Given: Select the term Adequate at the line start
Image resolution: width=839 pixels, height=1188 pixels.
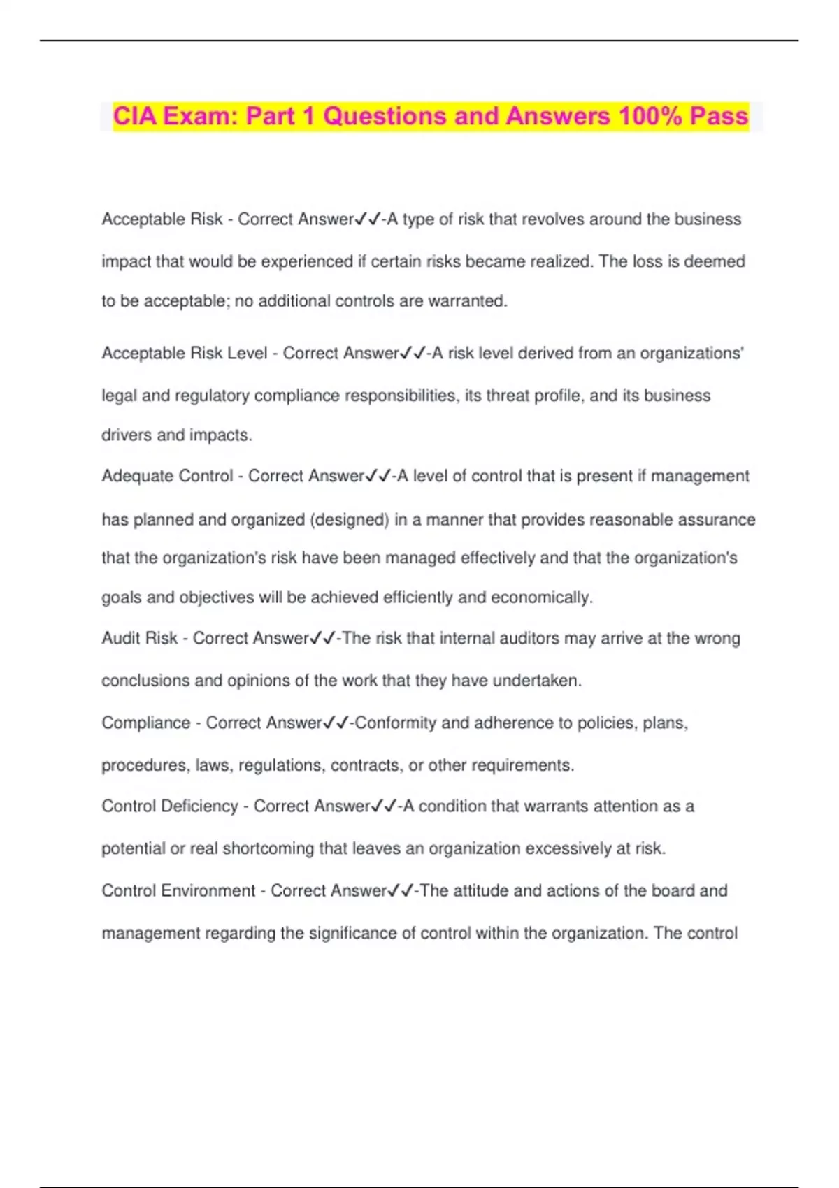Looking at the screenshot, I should coord(130,477).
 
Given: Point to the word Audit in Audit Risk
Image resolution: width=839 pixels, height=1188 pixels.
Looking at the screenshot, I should coord(120,639).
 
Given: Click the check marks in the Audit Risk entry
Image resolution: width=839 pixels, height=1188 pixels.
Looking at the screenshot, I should coord(323,639).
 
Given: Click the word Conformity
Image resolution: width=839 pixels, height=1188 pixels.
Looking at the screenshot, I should coord(395,723).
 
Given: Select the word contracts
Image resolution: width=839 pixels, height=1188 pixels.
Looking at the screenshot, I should coord(365,765).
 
